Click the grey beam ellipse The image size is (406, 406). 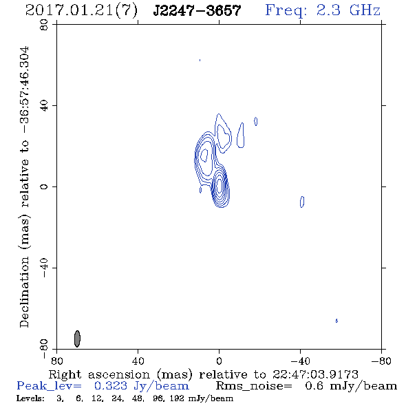[77, 339]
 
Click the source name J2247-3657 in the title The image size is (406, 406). [197, 11]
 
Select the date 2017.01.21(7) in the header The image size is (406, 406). [81, 11]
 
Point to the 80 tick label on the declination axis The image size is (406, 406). [44, 25]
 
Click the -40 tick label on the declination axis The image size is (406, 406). [44, 268]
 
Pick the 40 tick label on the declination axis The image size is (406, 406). [44, 106]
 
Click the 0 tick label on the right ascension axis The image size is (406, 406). [219, 361]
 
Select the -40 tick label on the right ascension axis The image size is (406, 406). [300, 361]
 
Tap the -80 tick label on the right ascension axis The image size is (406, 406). [381, 361]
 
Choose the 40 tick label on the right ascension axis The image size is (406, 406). [138, 361]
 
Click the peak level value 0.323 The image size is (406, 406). [111, 386]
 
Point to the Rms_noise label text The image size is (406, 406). [254, 386]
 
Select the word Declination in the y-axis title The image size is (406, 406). [24, 292]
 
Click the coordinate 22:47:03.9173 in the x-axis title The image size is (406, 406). [315, 374]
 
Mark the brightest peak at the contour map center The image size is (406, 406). [220, 186]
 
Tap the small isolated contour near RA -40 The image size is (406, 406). [302, 202]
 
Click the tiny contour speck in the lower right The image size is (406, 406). [336, 321]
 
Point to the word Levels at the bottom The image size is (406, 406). [30, 398]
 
